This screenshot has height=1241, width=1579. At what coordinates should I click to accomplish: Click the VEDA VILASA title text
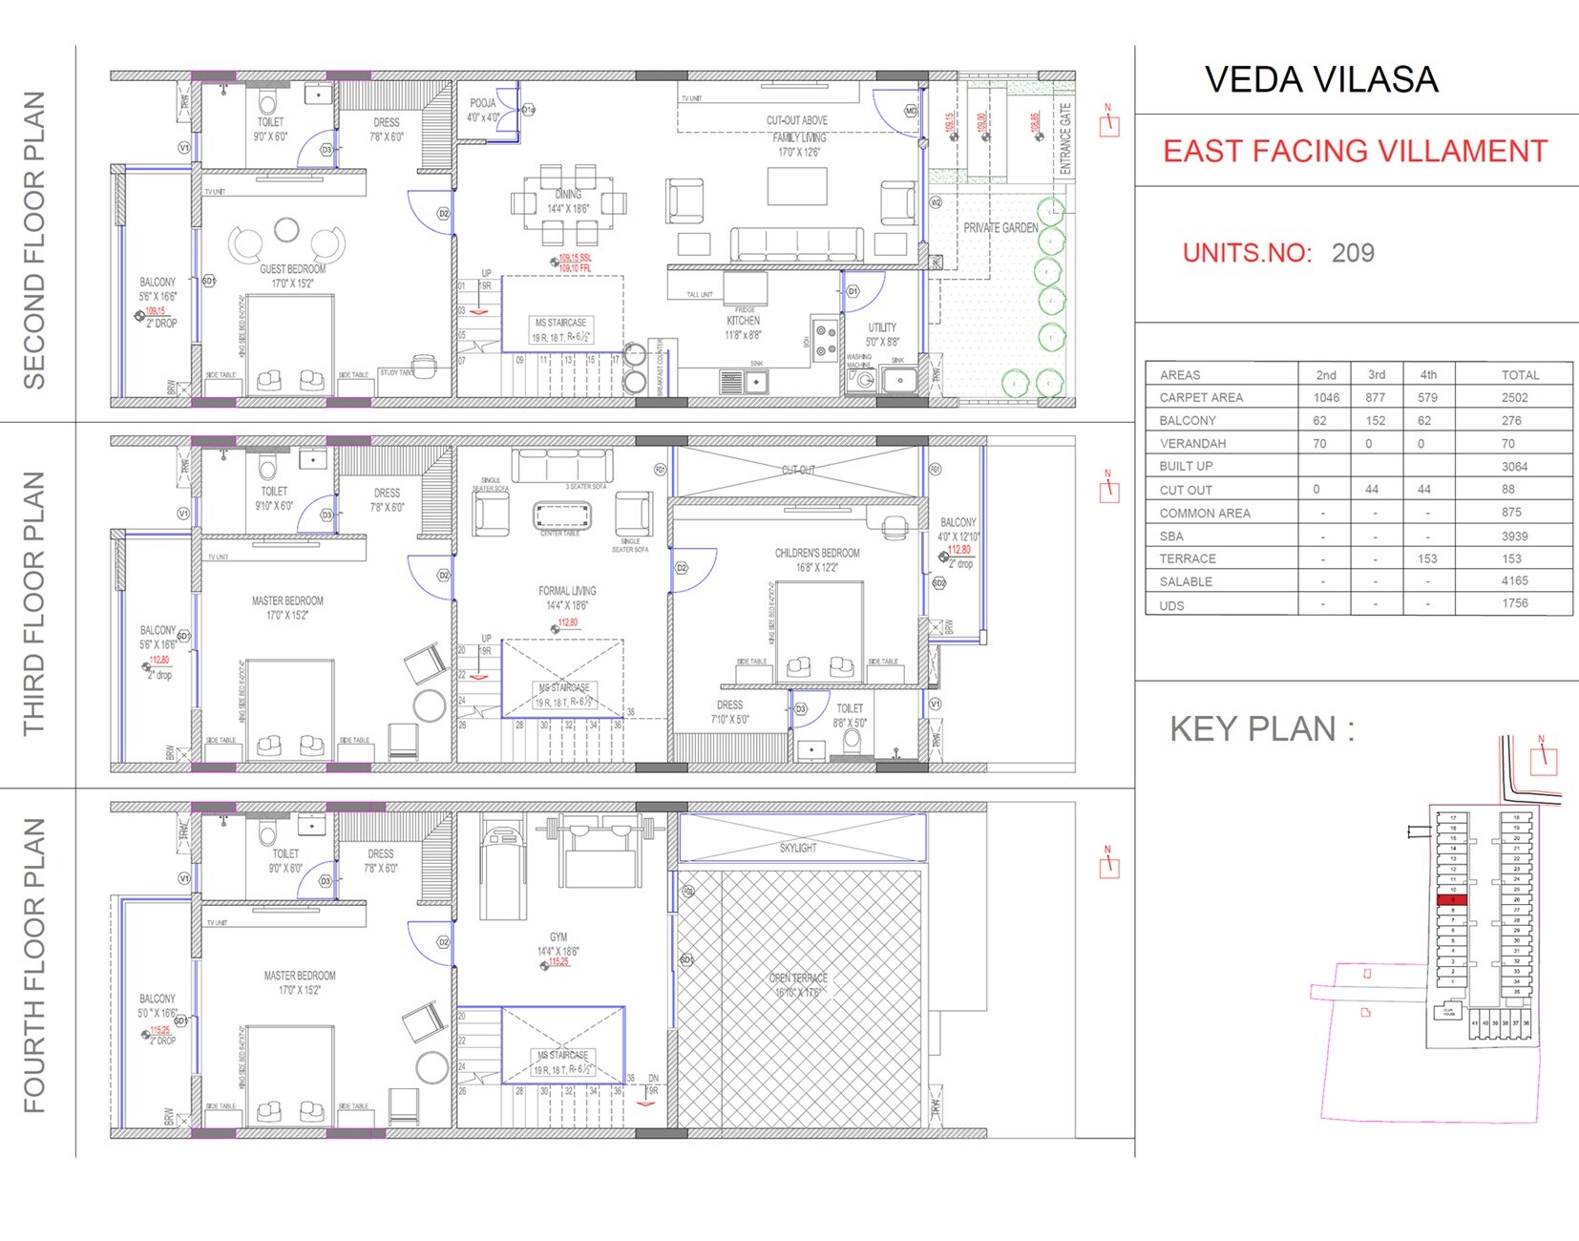[1320, 80]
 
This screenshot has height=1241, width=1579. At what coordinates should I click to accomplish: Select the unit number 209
[1353, 253]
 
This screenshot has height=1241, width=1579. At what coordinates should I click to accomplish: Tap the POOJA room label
[483, 103]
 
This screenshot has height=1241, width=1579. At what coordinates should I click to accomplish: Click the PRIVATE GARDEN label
[1000, 228]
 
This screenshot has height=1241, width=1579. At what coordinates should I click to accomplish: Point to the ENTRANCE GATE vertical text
[1065, 138]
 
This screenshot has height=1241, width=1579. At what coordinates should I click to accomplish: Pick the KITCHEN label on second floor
[743, 321]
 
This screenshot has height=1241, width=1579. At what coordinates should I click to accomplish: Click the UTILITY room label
[882, 327]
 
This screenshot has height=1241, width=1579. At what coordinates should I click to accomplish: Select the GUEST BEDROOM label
[292, 269]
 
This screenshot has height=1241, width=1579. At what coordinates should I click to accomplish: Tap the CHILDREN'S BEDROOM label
[816, 553]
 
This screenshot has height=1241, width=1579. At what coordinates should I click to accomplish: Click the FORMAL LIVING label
[567, 591]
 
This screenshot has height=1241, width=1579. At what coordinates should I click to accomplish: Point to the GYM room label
[558, 937]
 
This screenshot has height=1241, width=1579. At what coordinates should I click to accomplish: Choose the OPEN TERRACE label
[798, 978]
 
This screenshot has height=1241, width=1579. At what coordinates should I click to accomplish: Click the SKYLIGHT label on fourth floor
[798, 848]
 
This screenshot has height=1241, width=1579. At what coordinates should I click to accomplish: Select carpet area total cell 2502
[1514, 397]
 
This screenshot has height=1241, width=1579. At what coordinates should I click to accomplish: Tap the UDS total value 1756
[1514, 603]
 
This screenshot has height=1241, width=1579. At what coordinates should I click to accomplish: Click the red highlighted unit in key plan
[1452, 900]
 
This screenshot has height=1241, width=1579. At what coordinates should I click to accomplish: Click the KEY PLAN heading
[1262, 729]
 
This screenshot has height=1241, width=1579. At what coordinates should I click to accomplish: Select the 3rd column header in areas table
[1376, 374]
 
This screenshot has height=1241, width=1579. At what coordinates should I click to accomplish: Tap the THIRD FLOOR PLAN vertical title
[34, 603]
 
